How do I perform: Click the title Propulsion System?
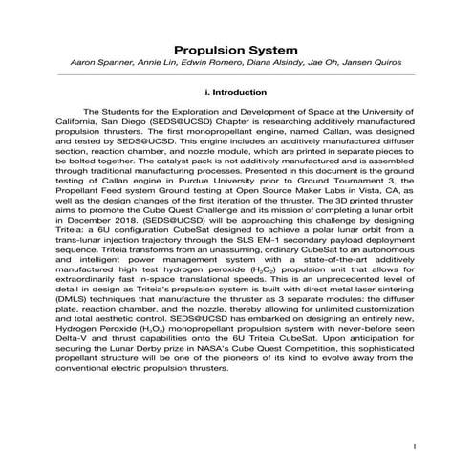235,49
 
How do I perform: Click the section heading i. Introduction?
236,93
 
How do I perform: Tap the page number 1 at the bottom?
415,446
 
